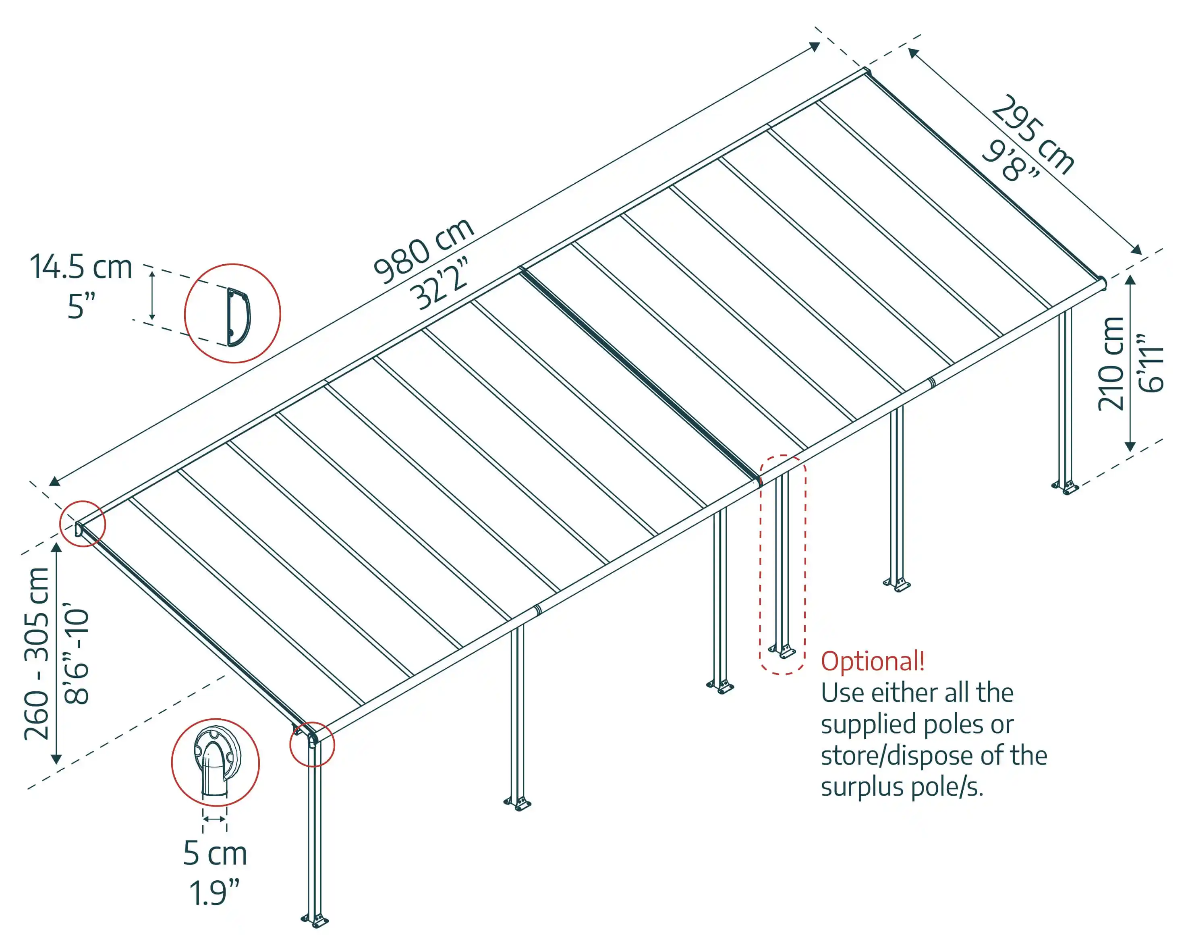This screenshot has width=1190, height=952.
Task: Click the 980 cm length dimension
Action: [423, 249]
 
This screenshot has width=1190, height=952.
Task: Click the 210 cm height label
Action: [1111, 364]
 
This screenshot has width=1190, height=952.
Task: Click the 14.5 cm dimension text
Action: [81, 267]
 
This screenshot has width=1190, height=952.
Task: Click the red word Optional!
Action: [873, 661]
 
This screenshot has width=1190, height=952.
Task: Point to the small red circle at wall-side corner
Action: [83, 524]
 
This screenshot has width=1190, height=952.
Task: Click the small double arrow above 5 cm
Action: [214, 819]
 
